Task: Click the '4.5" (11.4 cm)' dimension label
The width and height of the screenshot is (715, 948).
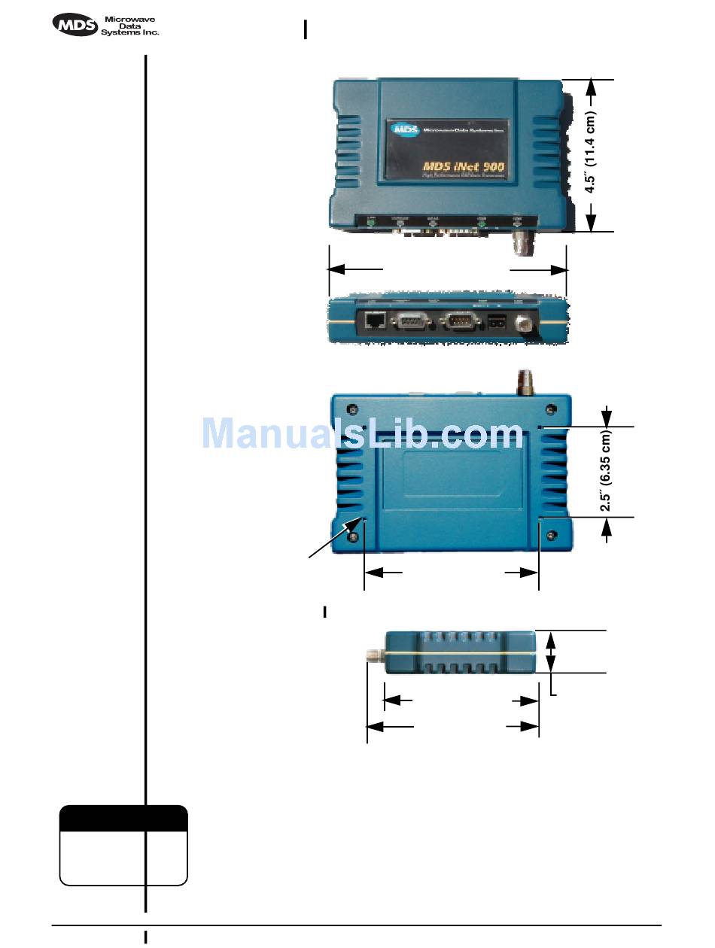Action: (x=591, y=154)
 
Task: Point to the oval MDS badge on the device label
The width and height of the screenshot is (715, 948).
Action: (x=405, y=129)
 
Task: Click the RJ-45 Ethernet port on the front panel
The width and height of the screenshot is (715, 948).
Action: (x=374, y=322)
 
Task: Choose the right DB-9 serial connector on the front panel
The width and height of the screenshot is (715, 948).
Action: (x=460, y=323)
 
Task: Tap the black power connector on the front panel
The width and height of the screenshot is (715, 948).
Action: (x=497, y=324)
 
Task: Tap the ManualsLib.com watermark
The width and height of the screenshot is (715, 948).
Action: (x=362, y=434)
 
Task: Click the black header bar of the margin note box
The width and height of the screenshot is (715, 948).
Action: (x=123, y=818)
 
